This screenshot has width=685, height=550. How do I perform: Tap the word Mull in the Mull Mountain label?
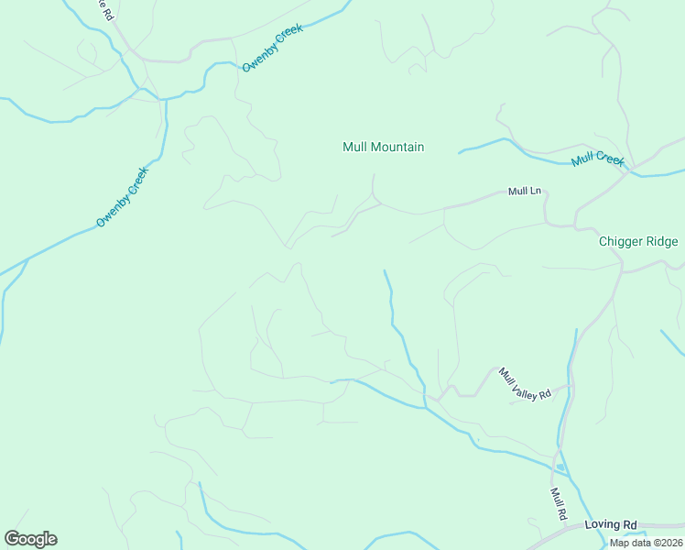click(353, 147)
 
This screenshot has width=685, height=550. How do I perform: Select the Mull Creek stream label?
click(597, 159)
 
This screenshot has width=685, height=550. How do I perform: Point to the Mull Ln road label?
click(526, 192)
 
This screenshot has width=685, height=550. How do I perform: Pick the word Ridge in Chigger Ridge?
click(662, 242)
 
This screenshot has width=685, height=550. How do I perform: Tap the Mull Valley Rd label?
click(525, 383)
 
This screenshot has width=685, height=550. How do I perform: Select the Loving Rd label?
click(611, 524)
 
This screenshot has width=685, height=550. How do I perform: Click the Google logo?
click(30, 539)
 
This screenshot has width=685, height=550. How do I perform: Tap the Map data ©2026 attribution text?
click(646, 543)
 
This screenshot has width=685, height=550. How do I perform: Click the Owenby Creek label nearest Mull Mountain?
click(272, 48)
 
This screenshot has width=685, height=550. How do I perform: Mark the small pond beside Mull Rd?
click(560, 467)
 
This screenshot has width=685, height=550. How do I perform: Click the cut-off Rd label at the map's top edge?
click(105, 11)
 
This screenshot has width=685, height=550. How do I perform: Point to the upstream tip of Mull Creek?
click(459, 151)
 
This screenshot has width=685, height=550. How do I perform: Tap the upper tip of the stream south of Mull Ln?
click(385, 270)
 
